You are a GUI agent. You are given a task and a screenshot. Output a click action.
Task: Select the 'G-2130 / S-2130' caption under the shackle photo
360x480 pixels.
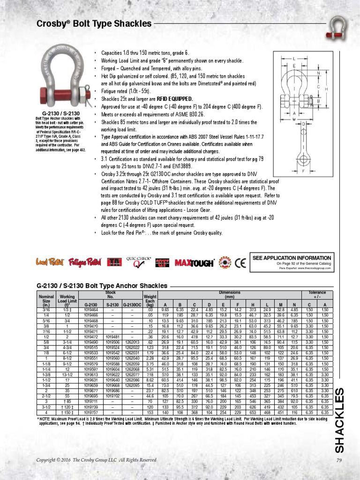[54, 113]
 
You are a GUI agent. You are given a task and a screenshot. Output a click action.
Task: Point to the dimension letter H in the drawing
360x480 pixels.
[326, 89]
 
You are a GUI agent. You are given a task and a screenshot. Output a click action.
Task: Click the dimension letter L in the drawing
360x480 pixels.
[294, 59]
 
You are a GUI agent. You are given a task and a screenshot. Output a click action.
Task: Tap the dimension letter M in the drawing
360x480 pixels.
[294, 119]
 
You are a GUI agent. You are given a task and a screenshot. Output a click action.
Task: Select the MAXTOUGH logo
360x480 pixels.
[195, 263]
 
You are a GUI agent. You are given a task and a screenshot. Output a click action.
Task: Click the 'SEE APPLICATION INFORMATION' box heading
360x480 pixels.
[292, 258]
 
